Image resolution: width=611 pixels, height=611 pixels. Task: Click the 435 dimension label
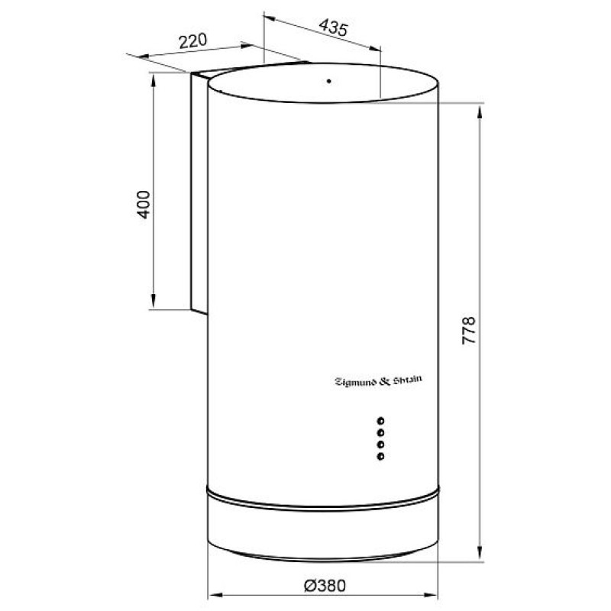click(x=333, y=27)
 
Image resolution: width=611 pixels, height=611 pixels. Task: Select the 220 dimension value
click(x=193, y=41)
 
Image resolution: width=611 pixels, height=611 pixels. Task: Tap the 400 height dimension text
click(x=143, y=205)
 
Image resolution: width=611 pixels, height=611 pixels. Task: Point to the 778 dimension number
click(x=469, y=331)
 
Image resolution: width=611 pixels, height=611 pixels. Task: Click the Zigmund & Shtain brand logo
click(x=378, y=380)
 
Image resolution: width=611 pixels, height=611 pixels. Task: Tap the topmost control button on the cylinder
click(x=380, y=421)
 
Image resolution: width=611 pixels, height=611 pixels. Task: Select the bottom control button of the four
click(x=380, y=456)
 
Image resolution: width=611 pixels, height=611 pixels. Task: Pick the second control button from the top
click(x=380, y=432)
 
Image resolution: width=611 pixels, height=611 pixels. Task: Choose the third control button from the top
click(x=380, y=445)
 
